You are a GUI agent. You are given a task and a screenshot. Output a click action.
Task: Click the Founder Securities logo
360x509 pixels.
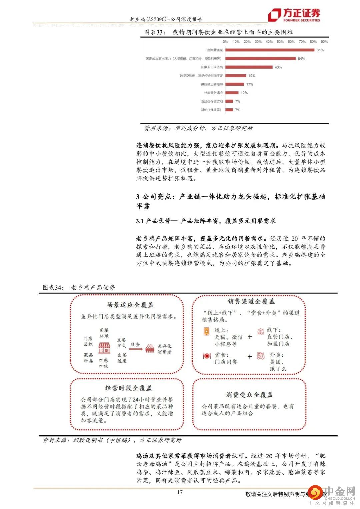point(294,15)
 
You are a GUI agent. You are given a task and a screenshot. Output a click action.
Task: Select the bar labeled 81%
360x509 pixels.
point(270,50)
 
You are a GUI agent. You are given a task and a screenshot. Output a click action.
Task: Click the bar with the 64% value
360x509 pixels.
point(260,59)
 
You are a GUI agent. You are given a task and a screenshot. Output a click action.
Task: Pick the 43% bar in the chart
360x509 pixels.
point(249,67)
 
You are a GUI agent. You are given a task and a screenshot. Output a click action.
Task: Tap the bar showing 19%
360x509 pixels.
point(236,76)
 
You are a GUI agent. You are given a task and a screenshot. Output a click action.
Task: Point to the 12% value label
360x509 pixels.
point(244,93)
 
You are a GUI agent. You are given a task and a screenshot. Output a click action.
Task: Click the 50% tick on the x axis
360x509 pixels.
point(280,42)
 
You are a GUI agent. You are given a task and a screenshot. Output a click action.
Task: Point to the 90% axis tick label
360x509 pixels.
point(324,42)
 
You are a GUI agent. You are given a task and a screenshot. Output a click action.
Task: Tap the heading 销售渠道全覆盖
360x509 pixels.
point(251,301)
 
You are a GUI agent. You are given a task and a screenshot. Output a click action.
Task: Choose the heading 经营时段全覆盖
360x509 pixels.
point(129,388)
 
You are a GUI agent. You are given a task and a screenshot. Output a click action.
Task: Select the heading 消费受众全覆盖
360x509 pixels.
point(249,395)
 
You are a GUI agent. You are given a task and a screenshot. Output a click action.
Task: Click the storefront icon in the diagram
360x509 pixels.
point(104,348)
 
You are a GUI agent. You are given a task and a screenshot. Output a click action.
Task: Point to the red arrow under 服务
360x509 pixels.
point(135,349)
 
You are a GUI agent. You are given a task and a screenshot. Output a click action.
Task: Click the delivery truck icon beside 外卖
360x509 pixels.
point(260,356)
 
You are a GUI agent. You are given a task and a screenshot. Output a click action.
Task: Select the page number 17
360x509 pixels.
point(180,492)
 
